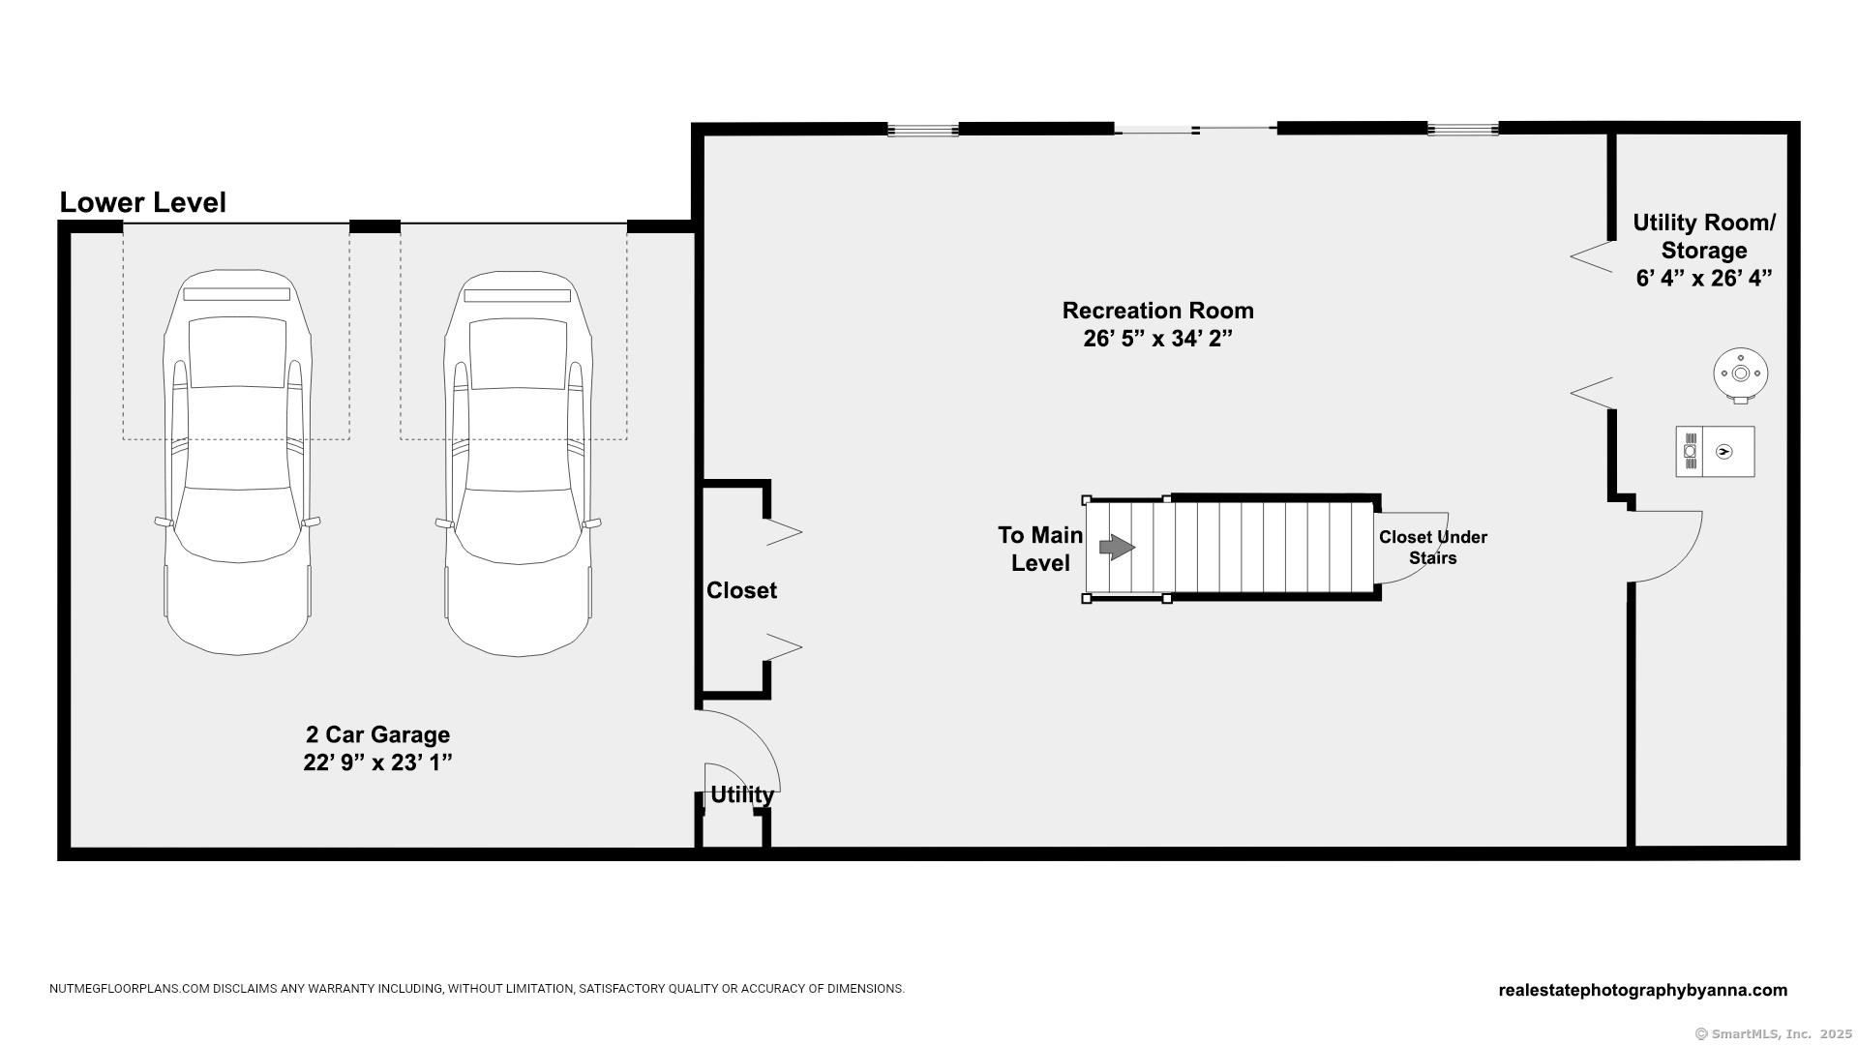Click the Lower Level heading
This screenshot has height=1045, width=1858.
(x=143, y=202)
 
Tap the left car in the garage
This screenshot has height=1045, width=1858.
(x=238, y=463)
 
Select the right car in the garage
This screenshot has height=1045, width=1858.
(x=519, y=463)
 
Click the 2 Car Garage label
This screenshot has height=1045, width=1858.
(x=378, y=734)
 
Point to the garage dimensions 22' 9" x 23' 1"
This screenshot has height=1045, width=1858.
(x=378, y=762)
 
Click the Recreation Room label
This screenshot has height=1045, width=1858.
(x=1158, y=311)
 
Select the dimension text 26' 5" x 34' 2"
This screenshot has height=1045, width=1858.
(x=1158, y=339)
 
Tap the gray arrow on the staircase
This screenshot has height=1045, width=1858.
(x=1117, y=547)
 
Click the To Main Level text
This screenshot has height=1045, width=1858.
(x=1040, y=549)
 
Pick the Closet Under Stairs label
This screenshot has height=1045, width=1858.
(x=1433, y=548)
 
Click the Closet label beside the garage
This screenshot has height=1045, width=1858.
(x=741, y=590)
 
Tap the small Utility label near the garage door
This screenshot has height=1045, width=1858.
(x=742, y=794)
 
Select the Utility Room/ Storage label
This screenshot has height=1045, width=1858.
(x=1704, y=236)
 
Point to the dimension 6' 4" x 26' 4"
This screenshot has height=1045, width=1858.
(x=1704, y=279)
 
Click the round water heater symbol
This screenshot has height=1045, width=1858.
(x=1741, y=374)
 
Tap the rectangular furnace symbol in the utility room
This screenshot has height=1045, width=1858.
(x=1715, y=451)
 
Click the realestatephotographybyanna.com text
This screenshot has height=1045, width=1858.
(x=1642, y=990)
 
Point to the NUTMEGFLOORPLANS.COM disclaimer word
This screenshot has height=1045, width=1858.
(x=130, y=989)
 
